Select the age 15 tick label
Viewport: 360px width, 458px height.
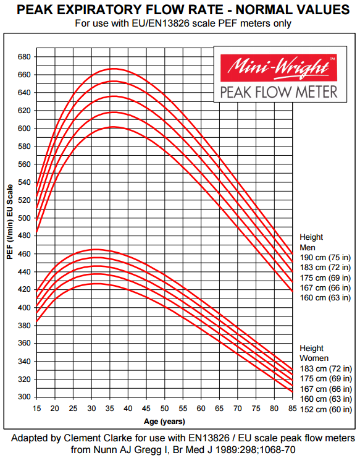[36, 409]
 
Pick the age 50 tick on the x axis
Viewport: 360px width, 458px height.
[164, 409]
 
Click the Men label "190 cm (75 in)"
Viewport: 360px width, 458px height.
[325, 257]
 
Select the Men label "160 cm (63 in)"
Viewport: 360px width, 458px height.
[325, 298]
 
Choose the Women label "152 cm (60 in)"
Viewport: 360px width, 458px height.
[325, 409]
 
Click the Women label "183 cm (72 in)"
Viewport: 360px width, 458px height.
[325, 368]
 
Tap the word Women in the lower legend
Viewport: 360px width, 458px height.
[314, 358]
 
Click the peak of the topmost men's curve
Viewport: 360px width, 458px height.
[114, 69]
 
